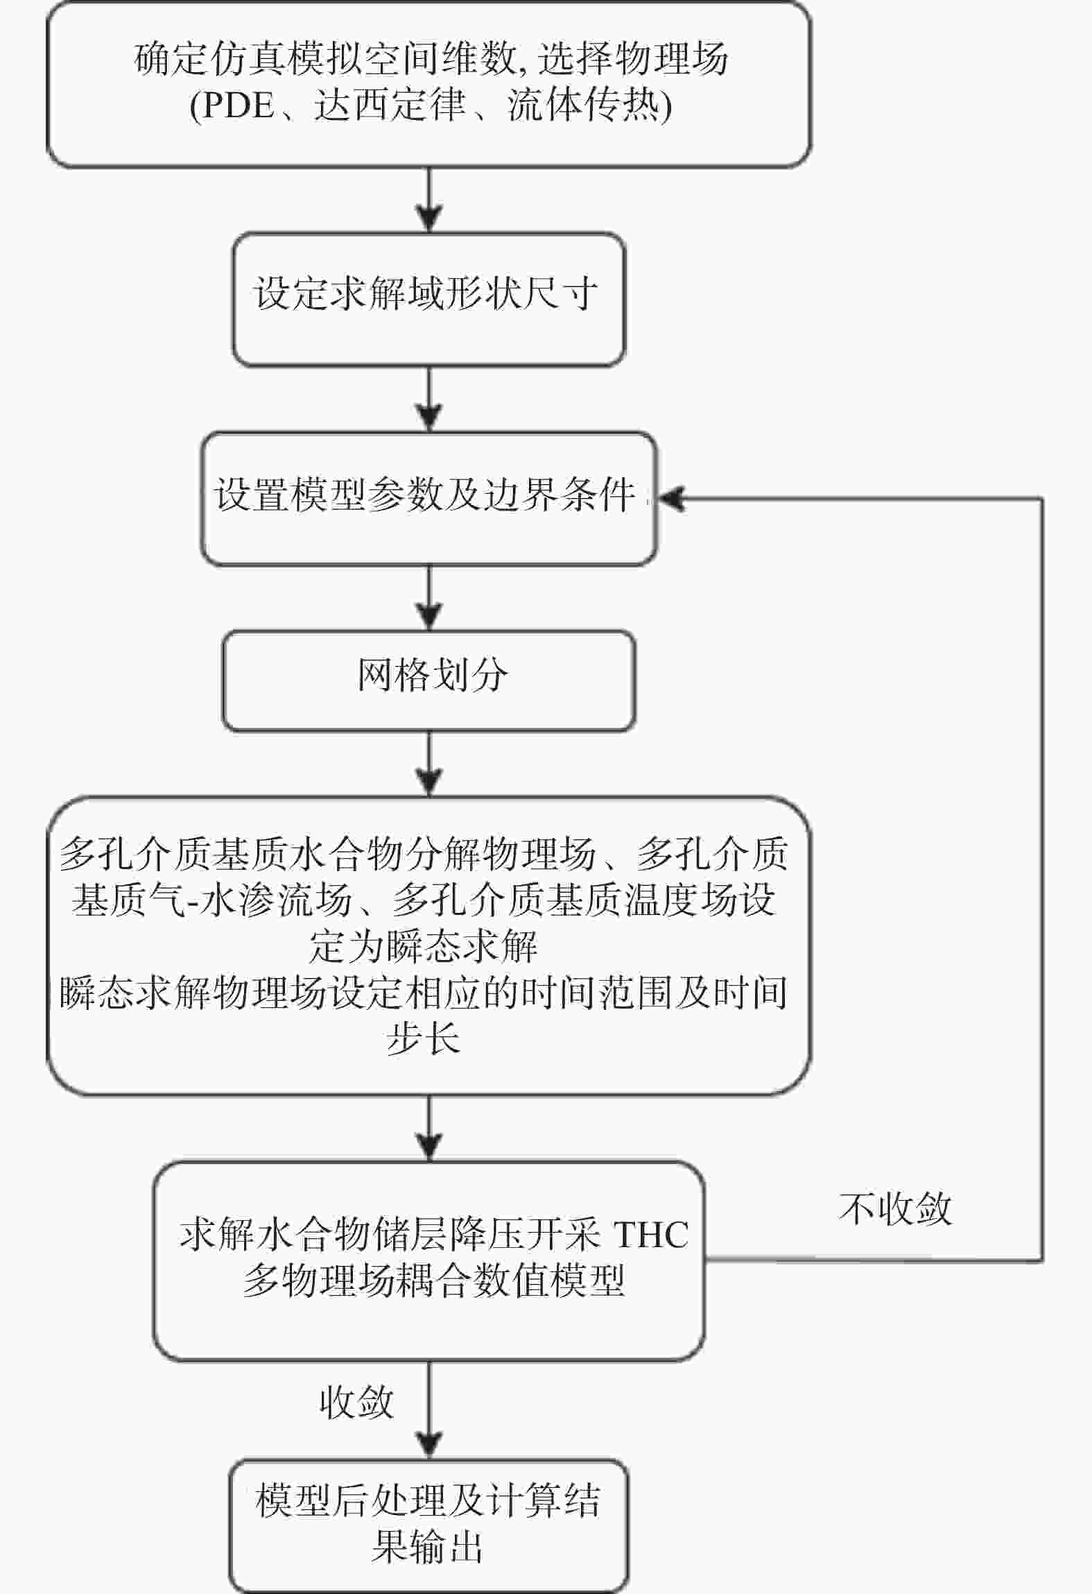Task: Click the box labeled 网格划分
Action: tap(428, 680)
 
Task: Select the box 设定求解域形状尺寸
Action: tap(428, 299)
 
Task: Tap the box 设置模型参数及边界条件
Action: tap(428, 499)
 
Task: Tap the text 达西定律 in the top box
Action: tap(390, 105)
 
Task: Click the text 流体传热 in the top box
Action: tap(583, 105)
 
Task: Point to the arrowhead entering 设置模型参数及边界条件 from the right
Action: tap(670, 499)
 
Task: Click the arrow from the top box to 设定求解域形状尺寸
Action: tap(430, 200)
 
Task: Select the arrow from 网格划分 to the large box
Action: tap(430, 764)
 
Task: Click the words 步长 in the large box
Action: tap(423, 1039)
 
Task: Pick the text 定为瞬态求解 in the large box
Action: tap(423, 946)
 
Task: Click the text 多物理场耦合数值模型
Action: tap(434, 1280)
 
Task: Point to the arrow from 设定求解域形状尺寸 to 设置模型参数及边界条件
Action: tap(430, 399)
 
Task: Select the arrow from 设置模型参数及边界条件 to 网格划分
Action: tap(430, 598)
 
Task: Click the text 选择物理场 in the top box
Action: tap(633, 59)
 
